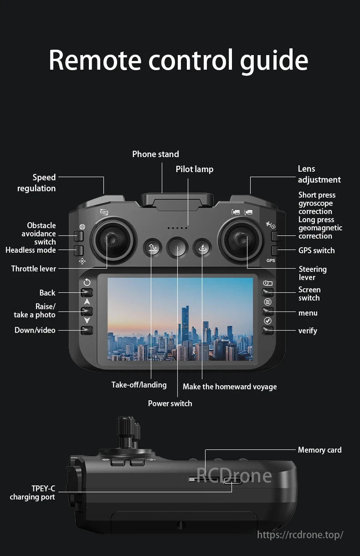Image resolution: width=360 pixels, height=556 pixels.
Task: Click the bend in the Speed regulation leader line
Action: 103,177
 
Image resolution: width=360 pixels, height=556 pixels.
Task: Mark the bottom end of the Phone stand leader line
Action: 162,193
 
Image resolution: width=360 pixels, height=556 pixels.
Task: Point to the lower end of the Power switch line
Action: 177,397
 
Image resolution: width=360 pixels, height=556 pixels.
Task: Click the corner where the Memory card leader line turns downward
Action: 205,449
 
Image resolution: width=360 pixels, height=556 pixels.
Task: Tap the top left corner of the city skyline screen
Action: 108,278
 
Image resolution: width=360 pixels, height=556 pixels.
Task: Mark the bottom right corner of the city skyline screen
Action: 253,360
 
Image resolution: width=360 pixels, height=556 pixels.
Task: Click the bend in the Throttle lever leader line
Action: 107,268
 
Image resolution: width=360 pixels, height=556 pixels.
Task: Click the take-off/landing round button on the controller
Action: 152,248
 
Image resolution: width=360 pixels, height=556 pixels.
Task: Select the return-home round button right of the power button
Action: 202,248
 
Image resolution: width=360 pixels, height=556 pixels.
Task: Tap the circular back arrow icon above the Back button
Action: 87,282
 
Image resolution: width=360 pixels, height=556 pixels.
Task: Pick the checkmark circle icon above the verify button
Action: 267,321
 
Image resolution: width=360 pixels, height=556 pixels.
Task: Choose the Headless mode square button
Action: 78,251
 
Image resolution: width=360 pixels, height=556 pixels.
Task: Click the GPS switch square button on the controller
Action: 276,251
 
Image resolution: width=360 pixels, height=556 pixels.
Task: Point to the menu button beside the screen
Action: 267,311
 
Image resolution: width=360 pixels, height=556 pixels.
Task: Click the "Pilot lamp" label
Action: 195,169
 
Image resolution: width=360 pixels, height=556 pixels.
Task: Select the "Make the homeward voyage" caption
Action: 230,387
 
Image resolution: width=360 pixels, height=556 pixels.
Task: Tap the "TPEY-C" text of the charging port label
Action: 43,489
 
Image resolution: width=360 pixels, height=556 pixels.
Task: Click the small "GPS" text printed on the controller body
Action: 271,260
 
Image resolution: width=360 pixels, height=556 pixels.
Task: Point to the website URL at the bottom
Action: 300,535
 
